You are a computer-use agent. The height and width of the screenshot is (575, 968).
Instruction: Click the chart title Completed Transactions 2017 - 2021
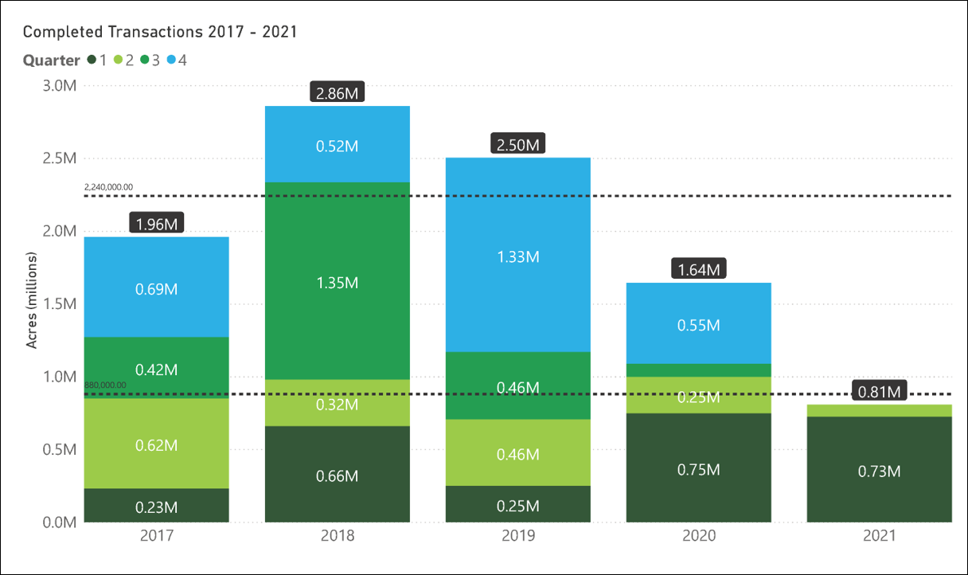(160, 32)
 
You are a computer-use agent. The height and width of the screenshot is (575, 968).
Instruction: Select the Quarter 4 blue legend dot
(172, 61)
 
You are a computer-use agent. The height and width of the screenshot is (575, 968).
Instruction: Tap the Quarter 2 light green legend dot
(119, 61)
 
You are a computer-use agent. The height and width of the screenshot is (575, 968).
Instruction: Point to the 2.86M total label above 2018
(337, 93)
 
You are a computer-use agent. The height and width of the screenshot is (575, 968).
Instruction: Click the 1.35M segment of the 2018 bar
(337, 283)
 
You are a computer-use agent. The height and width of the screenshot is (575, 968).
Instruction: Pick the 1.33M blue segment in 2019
(517, 256)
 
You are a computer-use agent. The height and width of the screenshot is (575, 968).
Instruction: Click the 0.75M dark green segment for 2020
(698, 469)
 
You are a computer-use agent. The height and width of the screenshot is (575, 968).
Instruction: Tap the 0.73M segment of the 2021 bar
(879, 471)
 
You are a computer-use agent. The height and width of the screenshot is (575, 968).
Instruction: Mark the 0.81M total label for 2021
(879, 391)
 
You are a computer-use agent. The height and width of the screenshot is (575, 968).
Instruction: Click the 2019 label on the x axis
(517, 536)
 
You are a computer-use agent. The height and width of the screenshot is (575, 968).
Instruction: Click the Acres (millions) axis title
(33, 300)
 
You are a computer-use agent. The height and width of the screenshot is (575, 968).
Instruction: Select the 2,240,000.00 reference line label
(108, 187)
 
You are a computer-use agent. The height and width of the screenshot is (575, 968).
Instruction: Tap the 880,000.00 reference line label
(105, 385)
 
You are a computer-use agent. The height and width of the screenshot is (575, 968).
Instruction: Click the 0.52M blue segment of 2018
(337, 147)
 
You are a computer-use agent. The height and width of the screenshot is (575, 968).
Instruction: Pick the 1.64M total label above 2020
(698, 270)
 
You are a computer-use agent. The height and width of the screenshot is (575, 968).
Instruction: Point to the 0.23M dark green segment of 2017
(157, 507)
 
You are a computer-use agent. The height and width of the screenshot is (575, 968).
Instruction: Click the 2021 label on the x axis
(879, 536)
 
